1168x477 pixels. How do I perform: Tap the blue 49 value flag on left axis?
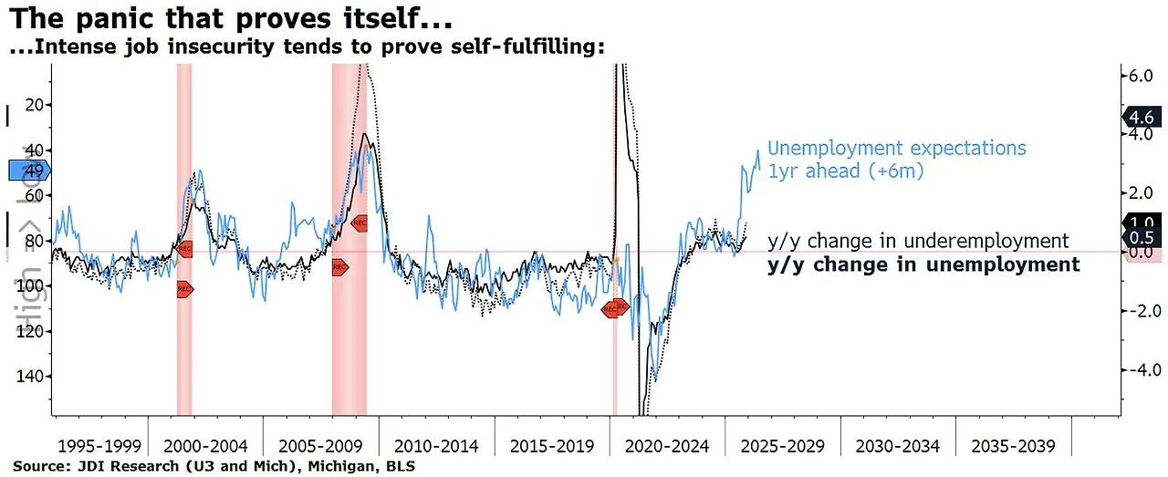(29, 171)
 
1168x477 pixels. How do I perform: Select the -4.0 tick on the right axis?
(1141, 370)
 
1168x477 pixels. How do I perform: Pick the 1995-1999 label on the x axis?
(99, 446)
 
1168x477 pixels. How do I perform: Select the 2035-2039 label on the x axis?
(1013, 446)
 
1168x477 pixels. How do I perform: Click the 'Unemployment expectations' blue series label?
(897, 149)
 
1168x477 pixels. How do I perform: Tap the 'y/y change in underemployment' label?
(917, 241)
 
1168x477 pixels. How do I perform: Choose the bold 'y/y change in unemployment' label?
(923, 264)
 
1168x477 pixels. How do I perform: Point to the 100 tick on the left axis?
(33, 285)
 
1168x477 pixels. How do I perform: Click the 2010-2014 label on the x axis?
(436, 446)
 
